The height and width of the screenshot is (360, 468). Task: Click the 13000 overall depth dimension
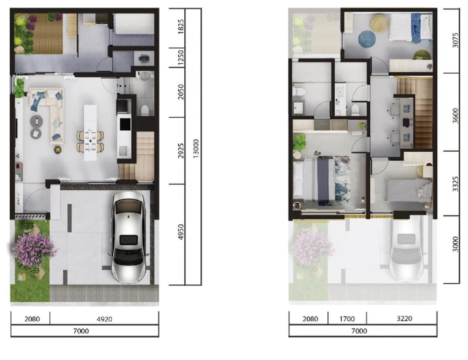(x=196, y=148)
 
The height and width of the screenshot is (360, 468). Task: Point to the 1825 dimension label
(x=181, y=26)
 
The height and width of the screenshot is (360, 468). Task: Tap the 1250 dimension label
(x=181, y=58)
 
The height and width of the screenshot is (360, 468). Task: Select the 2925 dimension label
(x=181, y=151)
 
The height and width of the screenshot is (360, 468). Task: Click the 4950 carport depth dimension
(x=181, y=232)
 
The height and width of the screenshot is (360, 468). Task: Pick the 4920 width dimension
(x=104, y=319)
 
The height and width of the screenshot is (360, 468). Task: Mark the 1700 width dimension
(x=347, y=319)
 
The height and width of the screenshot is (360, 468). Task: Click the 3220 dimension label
(x=404, y=318)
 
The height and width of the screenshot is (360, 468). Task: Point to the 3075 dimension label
(x=455, y=41)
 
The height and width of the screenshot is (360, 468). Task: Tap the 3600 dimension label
(x=455, y=115)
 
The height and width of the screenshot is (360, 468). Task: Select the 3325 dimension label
(x=455, y=184)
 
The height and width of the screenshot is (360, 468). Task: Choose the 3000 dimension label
(x=455, y=244)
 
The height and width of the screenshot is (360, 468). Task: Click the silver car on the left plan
(x=129, y=237)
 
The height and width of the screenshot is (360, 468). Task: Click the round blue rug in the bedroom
(x=367, y=39)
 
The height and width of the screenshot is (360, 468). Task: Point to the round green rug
(x=422, y=55)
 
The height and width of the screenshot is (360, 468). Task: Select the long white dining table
(x=90, y=133)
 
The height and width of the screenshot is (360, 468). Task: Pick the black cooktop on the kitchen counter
(x=125, y=124)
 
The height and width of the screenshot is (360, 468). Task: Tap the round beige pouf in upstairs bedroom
(x=379, y=23)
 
